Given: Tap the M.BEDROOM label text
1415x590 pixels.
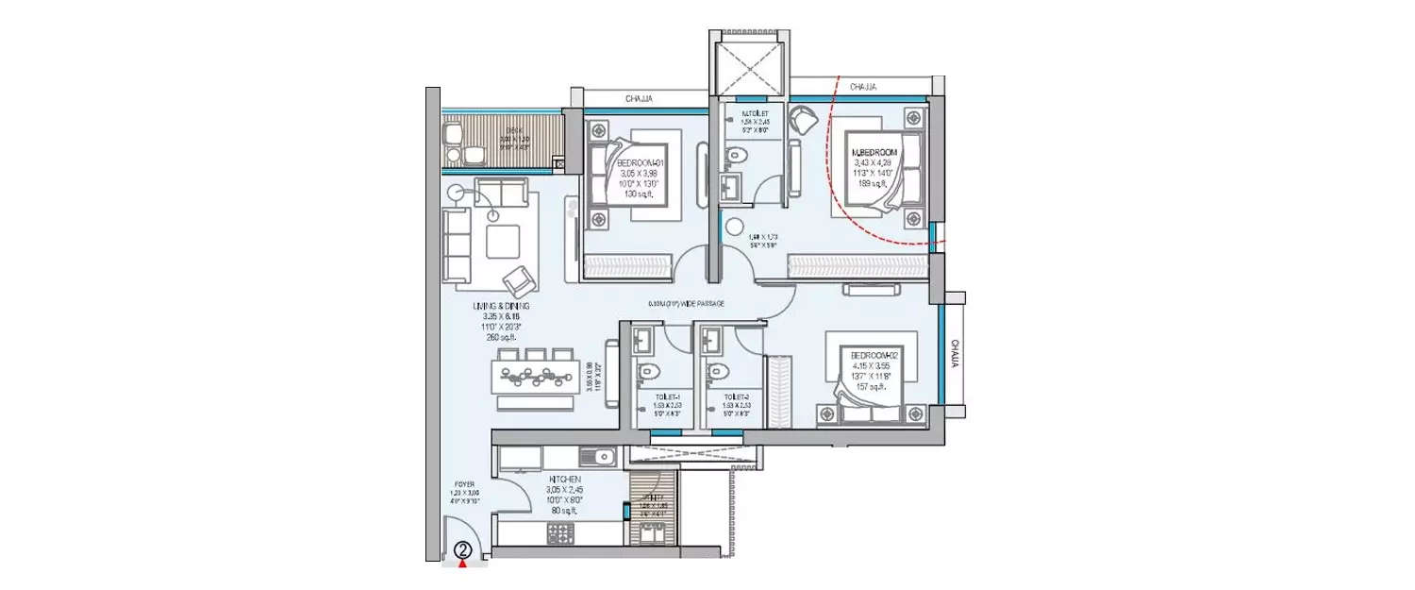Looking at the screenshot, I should pyautogui.click(x=874, y=152).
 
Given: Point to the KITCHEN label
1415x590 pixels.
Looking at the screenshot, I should pyautogui.click(x=568, y=480).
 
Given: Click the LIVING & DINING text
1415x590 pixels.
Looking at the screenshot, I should pyautogui.click(x=502, y=308).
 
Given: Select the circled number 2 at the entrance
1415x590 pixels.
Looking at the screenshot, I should pyautogui.click(x=463, y=548).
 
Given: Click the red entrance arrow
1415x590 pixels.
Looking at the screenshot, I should pyautogui.click(x=463, y=565).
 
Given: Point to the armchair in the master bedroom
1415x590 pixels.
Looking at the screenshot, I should pyautogui.click(x=804, y=121).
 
